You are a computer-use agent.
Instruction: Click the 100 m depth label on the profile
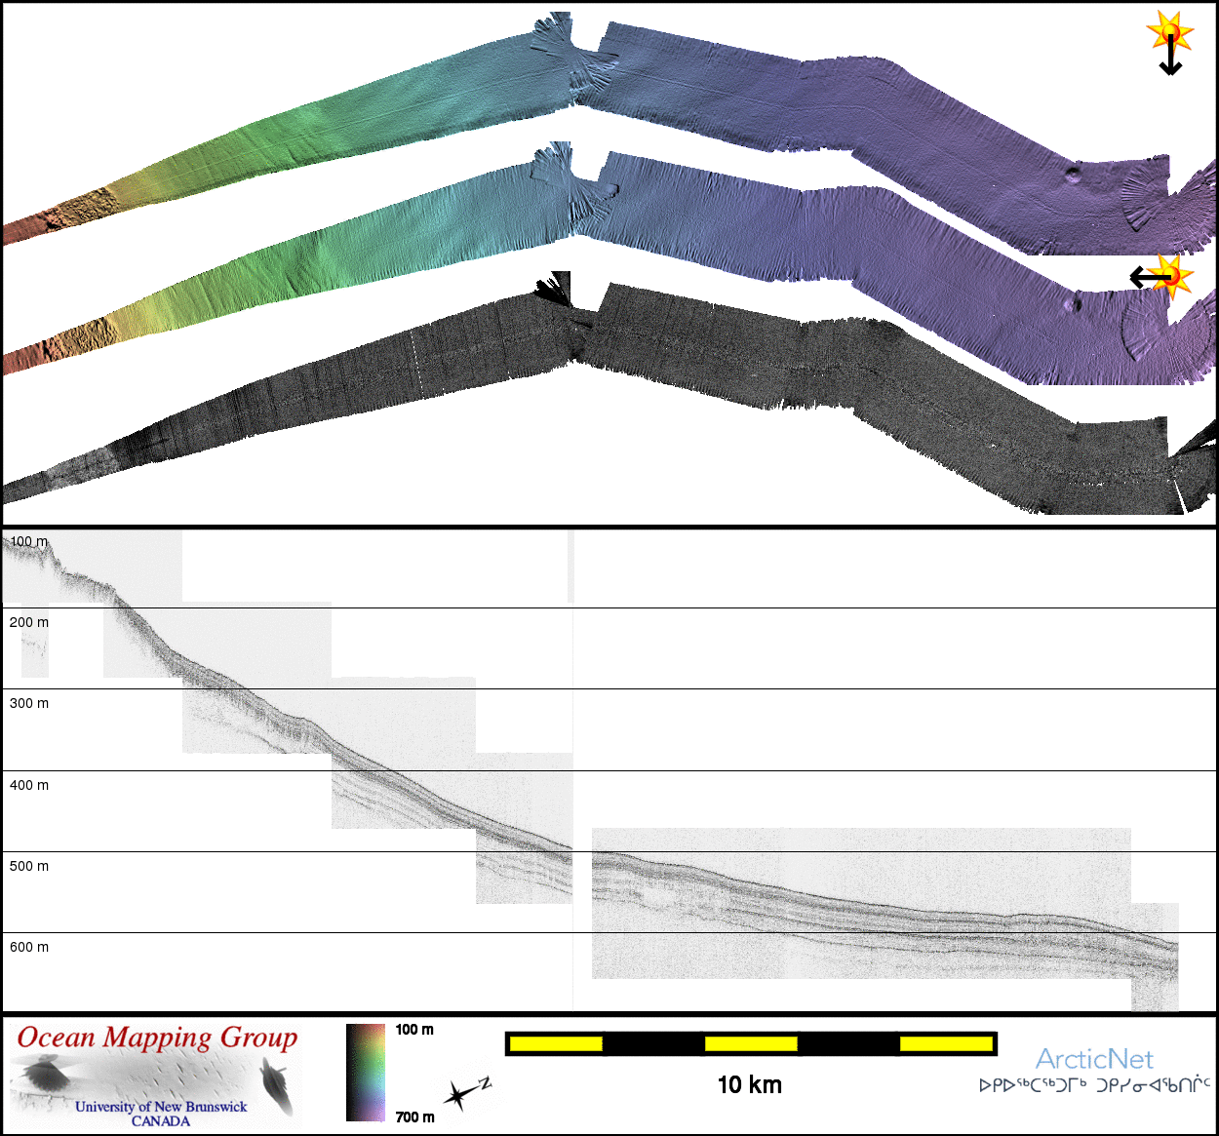pyautogui.click(x=28, y=541)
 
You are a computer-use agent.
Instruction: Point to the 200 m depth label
pyautogui.click(x=28, y=622)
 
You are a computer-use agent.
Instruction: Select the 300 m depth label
pyautogui.click(x=28, y=703)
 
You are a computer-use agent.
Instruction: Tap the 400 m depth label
pyautogui.click(x=28, y=785)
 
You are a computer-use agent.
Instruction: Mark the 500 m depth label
pyautogui.click(x=28, y=866)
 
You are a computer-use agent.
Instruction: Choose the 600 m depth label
pyautogui.click(x=28, y=947)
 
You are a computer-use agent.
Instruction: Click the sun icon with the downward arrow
pyautogui.click(x=1170, y=36)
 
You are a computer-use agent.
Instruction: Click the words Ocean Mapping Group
pyautogui.click(x=157, y=1038)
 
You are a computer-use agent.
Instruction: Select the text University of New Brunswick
pyautogui.click(x=161, y=1107)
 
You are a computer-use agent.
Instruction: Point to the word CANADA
pyautogui.click(x=161, y=1121)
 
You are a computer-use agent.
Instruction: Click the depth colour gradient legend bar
pyautogui.click(x=366, y=1072)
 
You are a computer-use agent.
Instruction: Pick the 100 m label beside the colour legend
pyautogui.click(x=414, y=1030)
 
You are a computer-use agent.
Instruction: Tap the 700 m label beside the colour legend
pyautogui.click(x=414, y=1117)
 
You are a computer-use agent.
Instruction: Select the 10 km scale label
pyautogui.click(x=749, y=1085)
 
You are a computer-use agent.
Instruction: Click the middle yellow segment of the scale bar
pyautogui.click(x=751, y=1044)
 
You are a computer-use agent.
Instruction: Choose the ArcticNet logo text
pyautogui.click(x=1094, y=1059)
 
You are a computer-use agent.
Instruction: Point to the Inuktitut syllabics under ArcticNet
pyautogui.click(x=1094, y=1085)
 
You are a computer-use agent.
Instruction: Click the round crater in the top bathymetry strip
pyautogui.click(x=1074, y=174)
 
